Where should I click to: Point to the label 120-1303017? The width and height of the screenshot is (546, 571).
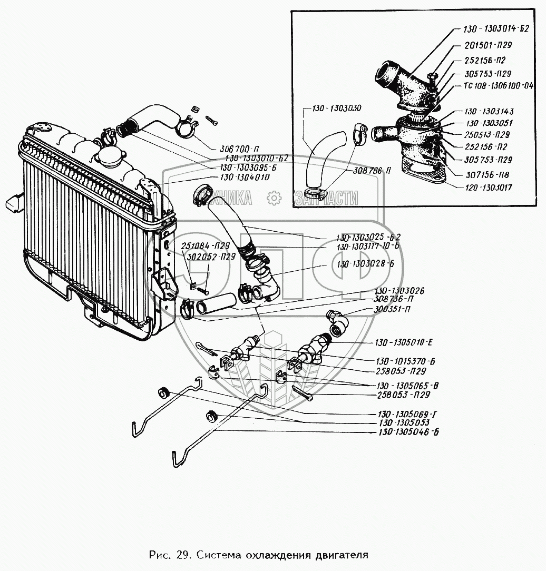tap(490, 187)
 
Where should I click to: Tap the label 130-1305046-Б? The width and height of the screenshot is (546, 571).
tap(408, 432)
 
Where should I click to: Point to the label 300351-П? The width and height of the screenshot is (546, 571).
tap(392, 310)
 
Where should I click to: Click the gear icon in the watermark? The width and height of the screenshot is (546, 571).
tap(274, 198)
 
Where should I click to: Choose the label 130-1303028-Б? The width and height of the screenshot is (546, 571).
tap(363, 263)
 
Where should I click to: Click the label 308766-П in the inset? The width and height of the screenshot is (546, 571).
tap(372, 171)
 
